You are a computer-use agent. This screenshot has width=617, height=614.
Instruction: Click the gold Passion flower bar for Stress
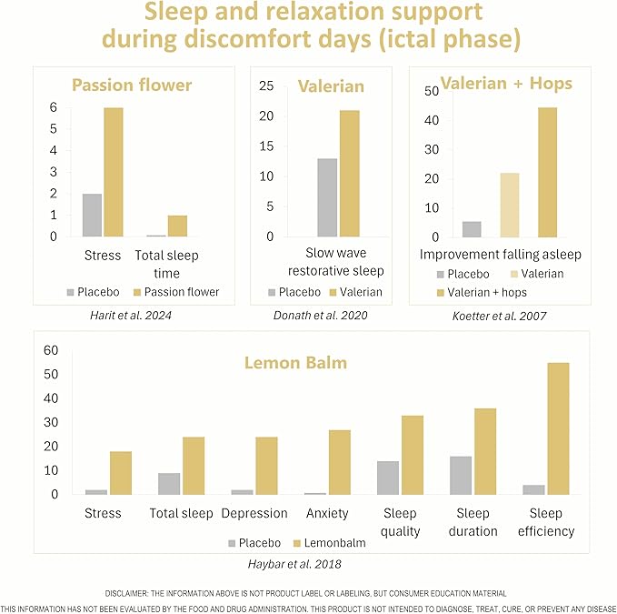tap(114, 172)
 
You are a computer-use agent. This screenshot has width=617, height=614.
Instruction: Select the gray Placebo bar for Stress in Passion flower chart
tap(92, 215)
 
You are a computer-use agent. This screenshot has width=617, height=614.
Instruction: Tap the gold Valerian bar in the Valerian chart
tap(350, 173)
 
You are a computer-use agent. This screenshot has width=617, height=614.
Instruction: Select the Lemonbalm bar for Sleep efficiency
tap(558, 428)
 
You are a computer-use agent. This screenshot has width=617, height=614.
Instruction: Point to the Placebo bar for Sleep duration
tap(462, 476)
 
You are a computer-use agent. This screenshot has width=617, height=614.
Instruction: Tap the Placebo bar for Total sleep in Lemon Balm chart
tap(170, 484)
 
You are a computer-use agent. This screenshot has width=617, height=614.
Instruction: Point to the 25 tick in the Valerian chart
tap(266, 86)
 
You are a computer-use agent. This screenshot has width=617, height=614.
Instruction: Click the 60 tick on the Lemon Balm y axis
tap(51, 350)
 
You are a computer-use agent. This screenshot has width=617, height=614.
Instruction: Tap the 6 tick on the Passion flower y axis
tap(55, 107)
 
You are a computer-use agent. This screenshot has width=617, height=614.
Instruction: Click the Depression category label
tap(254, 513)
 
